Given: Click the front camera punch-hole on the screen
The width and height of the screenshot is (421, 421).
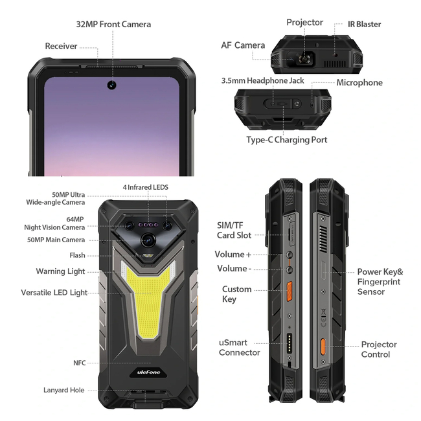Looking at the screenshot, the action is (x=111, y=85).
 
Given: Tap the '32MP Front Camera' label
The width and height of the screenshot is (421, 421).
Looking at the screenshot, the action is (x=113, y=25).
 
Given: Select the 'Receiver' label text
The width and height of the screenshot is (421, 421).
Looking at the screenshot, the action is (x=62, y=46).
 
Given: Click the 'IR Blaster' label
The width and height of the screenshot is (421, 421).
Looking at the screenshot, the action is (x=365, y=24).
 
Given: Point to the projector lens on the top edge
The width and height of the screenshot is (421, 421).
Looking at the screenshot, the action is (x=304, y=58).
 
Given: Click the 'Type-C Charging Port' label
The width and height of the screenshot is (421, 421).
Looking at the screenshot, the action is (x=287, y=140).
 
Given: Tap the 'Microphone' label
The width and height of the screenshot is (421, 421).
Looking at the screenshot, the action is (x=359, y=83).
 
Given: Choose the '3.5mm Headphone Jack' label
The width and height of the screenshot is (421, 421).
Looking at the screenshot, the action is (x=262, y=80).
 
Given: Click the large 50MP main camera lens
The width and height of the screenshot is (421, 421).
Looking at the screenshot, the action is (x=148, y=240).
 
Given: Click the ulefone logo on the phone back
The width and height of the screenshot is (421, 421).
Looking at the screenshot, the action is (x=148, y=372).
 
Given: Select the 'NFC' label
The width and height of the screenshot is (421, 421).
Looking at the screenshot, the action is (x=80, y=363).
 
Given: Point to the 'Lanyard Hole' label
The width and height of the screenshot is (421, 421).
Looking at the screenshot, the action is (x=64, y=390).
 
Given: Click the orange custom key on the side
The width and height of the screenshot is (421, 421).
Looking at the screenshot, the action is (x=290, y=291).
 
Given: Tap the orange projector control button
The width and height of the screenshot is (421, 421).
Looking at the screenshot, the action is (x=323, y=347).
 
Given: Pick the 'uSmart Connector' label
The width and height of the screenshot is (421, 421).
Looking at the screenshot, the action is (x=240, y=347).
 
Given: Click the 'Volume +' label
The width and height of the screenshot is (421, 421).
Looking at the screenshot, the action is (x=233, y=255).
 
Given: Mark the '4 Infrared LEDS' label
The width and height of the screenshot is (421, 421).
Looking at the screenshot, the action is (x=146, y=187).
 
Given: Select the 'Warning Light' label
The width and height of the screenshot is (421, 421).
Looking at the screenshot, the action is (x=60, y=271).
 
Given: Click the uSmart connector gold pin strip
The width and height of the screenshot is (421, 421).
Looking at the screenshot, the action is (x=290, y=343).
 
